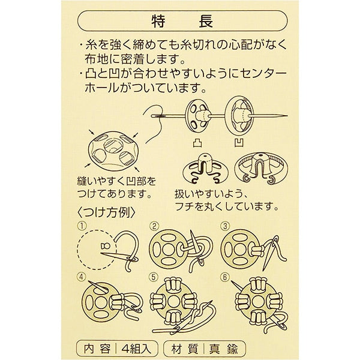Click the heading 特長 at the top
pyautogui.click(x=182, y=21)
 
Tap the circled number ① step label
pyautogui.click(x=82, y=226)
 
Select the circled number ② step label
pyautogui.click(x=154, y=226)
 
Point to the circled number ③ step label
pyautogui.click(x=225, y=226)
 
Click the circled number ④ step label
pyautogui.click(x=82, y=277)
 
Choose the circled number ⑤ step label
pyautogui.click(x=154, y=277)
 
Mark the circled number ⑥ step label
pyautogui.click(x=225, y=277)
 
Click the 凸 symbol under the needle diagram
pyautogui.click(x=197, y=143)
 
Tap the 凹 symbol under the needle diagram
pyautogui.click(x=239, y=143)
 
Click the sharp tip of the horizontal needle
pyautogui.click(x=287, y=116)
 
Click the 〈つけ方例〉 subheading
pyautogui.click(x=106, y=212)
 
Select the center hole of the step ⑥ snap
pyautogui.click(x=258, y=302)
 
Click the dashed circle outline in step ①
pyautogui.click(x=78, y=250)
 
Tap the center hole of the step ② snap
pyautogui.click(x=168, y=248)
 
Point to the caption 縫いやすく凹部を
pyautogui.click(x=116, y=181)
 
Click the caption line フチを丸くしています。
pyautogui.click(x=227, y=207)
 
